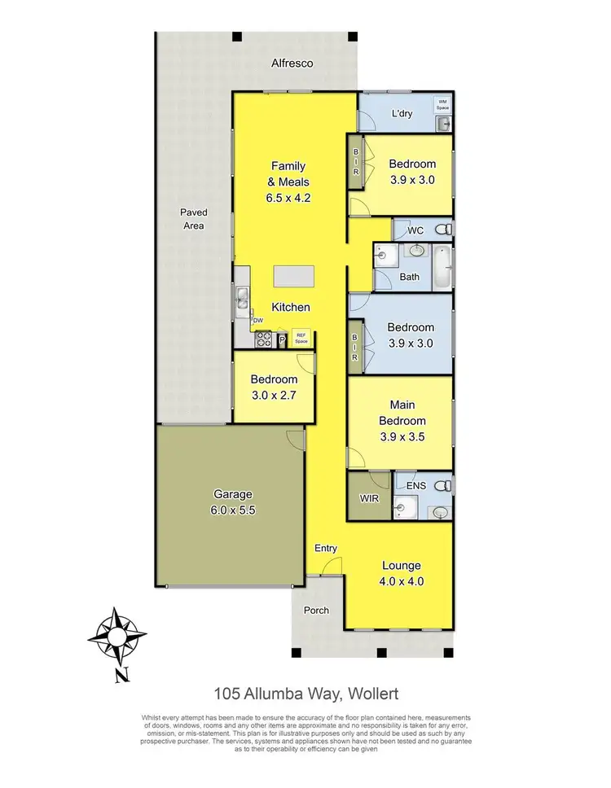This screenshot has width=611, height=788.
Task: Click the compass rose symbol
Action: tap(118, 636)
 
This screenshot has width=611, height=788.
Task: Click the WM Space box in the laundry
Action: tap(442, 103)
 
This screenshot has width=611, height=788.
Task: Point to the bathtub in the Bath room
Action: tap(441, 266)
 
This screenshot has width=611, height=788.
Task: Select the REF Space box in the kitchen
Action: tap(301, 337)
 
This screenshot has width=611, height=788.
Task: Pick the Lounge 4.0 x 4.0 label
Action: tap(401, 573)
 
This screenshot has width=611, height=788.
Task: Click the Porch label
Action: tap(316, 610)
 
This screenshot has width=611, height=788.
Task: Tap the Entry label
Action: tap(326, 549)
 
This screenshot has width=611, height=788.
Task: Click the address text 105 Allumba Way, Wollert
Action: tap(305, 694)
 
